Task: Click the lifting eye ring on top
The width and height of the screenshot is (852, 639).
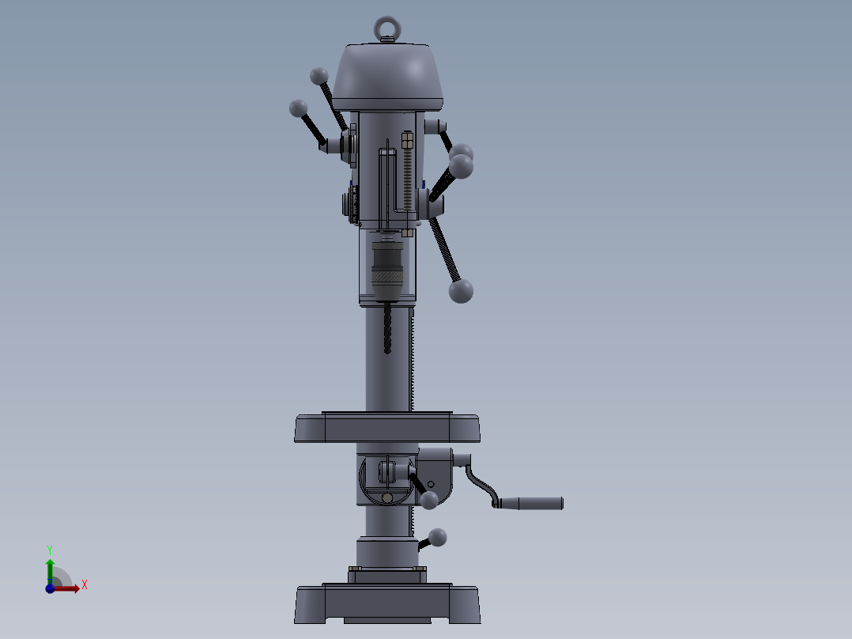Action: click(386, 28)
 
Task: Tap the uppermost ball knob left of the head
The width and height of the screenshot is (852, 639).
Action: click(319, 76)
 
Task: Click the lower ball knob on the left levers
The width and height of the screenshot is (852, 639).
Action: click(298, 108)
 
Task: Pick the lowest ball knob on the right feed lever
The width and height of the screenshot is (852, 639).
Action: click(461, 291)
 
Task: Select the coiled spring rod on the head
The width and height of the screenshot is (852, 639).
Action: click(408, 178)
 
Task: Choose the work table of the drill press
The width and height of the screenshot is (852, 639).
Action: click(387, 428)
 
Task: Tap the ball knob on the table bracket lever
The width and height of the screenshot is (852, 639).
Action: click(429, 500)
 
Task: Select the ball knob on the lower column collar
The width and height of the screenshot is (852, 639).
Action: click(437, 538)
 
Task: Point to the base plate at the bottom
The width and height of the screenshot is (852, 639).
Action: click(387, 605)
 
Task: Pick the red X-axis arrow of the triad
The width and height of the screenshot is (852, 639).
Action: click(69, 588)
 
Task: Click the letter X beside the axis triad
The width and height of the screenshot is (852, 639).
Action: click(84, 585)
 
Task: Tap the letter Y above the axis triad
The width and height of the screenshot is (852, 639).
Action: click(49, 549)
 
